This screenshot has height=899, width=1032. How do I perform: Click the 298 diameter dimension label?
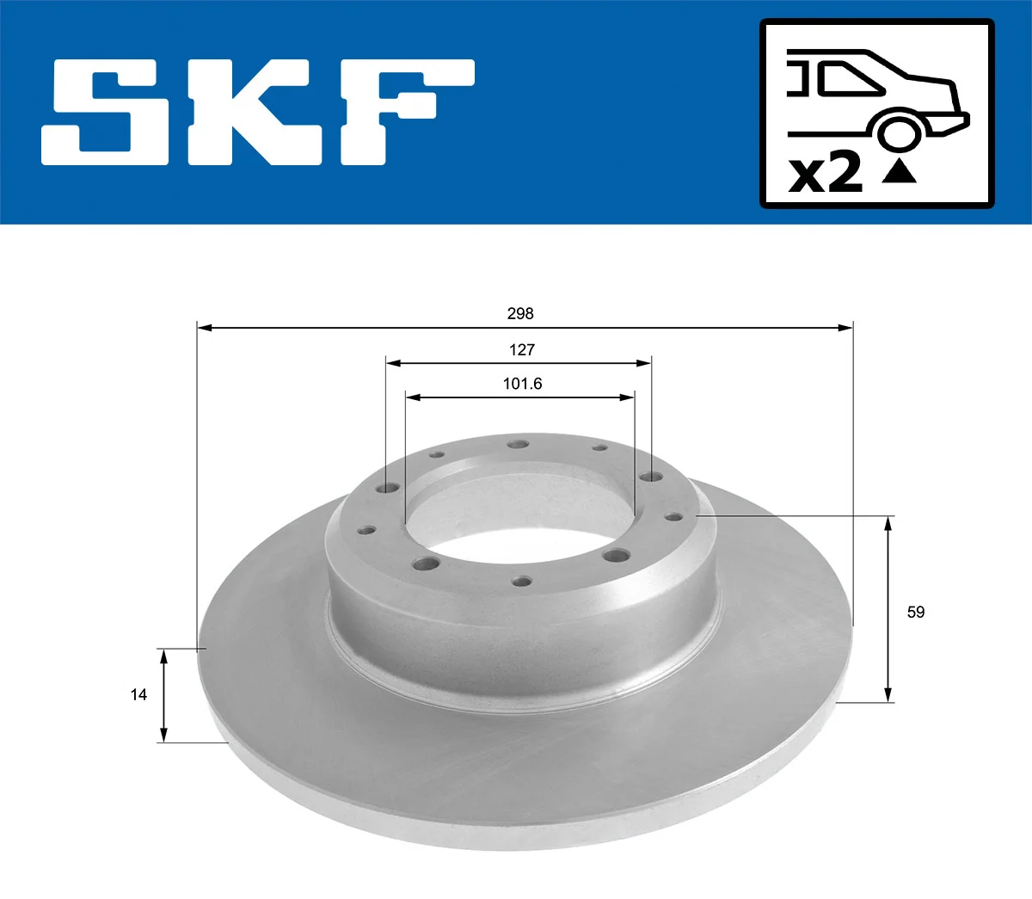[x=520, y=314]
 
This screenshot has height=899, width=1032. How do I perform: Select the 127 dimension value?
[x=521, y=350]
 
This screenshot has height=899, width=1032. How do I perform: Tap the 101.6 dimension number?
[x=522, y=384]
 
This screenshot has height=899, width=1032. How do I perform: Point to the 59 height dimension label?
[x=916, y=612]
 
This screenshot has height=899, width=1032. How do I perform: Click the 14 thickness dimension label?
[x=138, y=694]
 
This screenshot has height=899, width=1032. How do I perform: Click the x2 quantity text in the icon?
[x=826, y=174]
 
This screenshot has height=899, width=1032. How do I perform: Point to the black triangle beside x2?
[x=900, y=171]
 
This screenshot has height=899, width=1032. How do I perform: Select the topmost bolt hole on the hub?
[x=517, y=445]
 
